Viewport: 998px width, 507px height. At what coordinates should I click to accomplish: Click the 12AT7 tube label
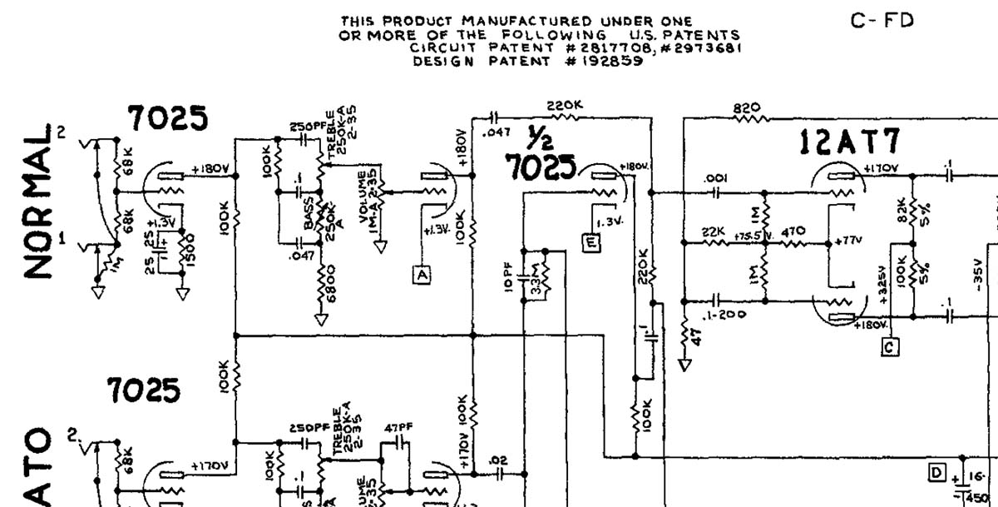click(849, 144)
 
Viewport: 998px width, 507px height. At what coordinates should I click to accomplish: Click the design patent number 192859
click(603, 61)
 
